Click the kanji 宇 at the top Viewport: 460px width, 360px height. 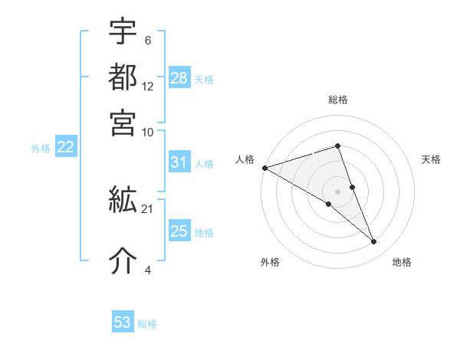tap(123, 32)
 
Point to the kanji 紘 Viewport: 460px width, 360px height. tap(123, 202)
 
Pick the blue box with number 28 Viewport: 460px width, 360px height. tap(179, 78)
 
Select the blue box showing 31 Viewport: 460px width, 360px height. tap(179, 162)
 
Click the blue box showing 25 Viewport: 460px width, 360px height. tap(179, 231)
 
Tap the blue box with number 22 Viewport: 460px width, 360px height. tap(65, 148)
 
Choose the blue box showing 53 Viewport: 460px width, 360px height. tap(123, 322)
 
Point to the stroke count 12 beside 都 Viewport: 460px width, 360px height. tap(148, 87)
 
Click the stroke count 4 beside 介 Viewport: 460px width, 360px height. tap(147, 269)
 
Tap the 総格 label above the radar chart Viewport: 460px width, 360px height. tap(338, 100)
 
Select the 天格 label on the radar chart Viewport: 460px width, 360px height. tap(431, 159)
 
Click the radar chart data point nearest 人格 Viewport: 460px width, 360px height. tap(264, 168)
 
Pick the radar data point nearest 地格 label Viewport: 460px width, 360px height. tap(374, 242)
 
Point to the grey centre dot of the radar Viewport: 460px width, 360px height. tap(338, 191)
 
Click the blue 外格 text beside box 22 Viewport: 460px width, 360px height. tap(40, 149)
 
